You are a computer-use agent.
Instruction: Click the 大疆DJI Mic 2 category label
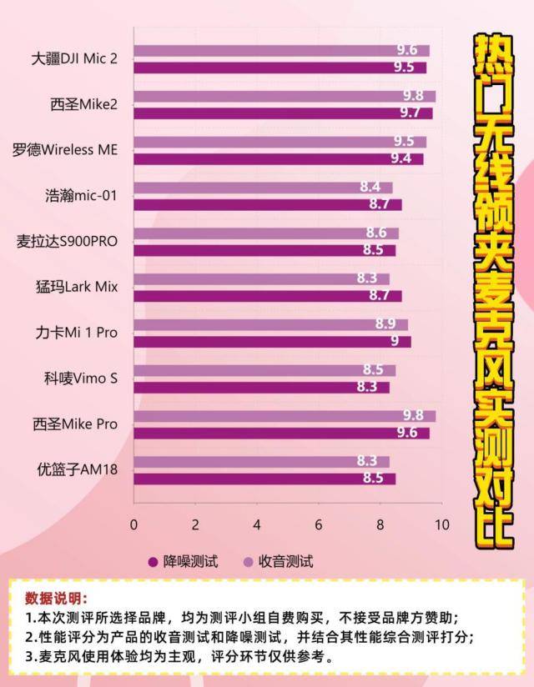point(74,59)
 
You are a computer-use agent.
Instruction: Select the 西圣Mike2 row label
point(83,105)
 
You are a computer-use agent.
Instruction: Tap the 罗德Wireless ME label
point(65,151)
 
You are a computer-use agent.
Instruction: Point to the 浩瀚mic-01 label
point(81,196)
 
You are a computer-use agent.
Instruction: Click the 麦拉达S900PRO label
point(68,242)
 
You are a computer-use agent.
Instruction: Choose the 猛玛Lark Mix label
point(76,287)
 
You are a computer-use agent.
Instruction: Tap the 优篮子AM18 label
point(76,469)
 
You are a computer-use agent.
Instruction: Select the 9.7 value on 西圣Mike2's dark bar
point(409,113)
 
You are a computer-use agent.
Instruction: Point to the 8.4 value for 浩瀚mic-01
point(370,188)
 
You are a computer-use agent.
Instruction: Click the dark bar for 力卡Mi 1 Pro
point(272,341)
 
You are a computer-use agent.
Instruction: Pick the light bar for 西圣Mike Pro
point(284,415)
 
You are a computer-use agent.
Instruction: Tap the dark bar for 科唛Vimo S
point(261,387)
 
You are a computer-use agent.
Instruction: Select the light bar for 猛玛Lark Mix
point(261,278)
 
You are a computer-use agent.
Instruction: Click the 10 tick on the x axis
point(441,524)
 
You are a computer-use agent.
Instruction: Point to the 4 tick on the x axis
point(257,524)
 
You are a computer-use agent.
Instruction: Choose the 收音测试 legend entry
point(278,561)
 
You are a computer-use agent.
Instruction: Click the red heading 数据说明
point(55,599)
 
